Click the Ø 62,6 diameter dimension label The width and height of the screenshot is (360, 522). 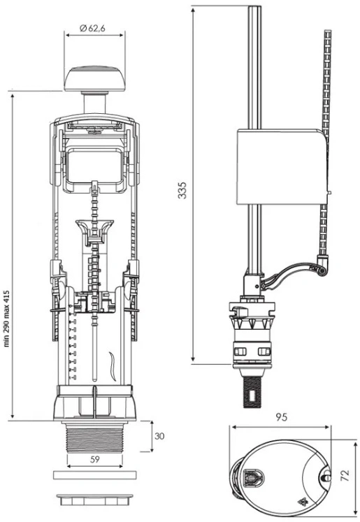click(92, 28)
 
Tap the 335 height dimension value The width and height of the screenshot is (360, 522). click(182, 190)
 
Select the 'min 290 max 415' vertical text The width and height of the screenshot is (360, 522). click(7, 319)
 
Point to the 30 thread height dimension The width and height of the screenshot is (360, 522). click(159, 436)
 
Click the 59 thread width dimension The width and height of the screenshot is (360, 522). click(95, 459)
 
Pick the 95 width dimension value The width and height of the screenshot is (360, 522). click(282, 417)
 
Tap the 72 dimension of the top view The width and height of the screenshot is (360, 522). click(346, 475)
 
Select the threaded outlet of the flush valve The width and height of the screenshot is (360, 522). click(95, 438)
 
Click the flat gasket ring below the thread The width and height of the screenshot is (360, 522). click(95, 475)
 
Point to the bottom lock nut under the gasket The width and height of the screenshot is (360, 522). click(95, 500)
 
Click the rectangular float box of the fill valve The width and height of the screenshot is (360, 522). click(282, 166)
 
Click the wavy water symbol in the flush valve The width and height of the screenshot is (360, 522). click(113, 366)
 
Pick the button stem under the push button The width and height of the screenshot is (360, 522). click(95, 103)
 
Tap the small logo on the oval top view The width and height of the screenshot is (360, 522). click(303, 500)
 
